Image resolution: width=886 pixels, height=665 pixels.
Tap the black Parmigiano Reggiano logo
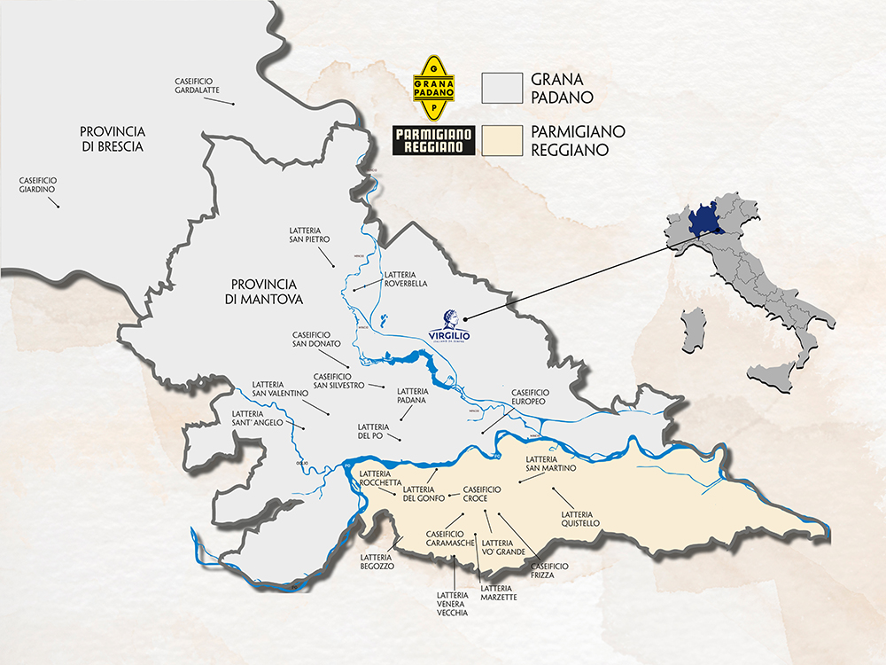(x=434, y=141)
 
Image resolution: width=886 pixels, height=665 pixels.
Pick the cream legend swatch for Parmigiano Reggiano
(x=501, y=141)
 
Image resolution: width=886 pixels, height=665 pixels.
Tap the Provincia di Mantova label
(x=267, y=292)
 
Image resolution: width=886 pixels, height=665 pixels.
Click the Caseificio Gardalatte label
(x=197, y=86)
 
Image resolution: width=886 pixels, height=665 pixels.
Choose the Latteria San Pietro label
(x=309, y=233)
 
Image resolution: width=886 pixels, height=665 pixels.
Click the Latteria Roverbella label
(x=407, y=279)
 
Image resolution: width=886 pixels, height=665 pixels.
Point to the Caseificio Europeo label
(x=531, y=396)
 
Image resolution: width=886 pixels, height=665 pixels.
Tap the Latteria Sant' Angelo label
(x=257, y=418)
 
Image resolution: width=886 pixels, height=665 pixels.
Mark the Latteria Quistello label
(x=581, y=519)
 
